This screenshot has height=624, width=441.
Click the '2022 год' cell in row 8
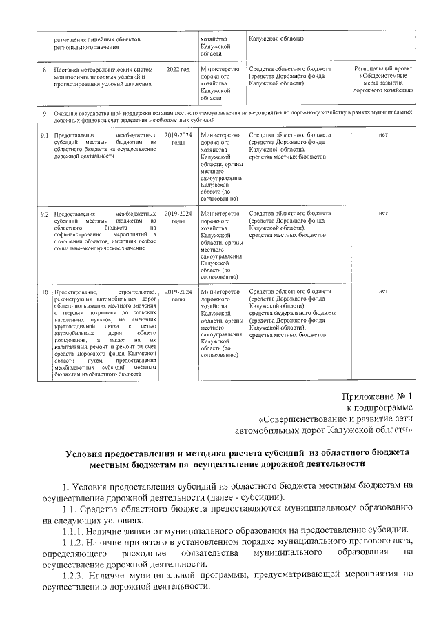click(x=177, y=70)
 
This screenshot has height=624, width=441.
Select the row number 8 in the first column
click(x=45, y=70)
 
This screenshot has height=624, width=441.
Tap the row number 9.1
click(x=44, y=135)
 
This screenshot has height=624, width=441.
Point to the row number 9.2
click(x=44, y=214)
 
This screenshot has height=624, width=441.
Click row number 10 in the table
click(x=44, y=292)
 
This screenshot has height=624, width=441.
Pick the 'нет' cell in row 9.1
click(x=383, y=135)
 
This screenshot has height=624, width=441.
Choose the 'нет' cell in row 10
click(x=383, y=292)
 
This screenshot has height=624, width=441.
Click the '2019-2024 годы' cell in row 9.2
click(x=177, y=217)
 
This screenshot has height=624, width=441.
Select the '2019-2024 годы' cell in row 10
click(x=177, y=296)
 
